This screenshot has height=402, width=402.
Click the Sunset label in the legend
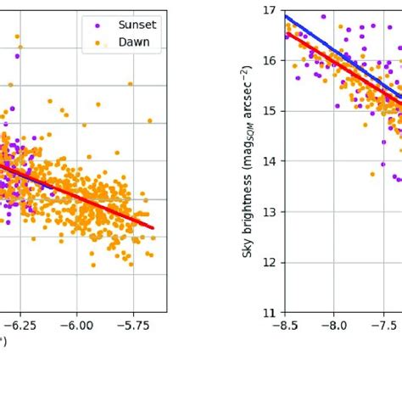click(x=137, y=25)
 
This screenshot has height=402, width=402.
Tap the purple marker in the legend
click(x=98, y=25)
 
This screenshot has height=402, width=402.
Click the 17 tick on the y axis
click(x=271, y=10)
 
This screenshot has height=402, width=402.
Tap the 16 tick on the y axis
click(x=271, y=60)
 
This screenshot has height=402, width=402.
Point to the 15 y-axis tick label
click(x=271, y=111)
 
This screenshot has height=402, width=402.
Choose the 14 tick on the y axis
click(x=271, y=161)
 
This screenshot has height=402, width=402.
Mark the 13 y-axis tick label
click(x=271, y=211)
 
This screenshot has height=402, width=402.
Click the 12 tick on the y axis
click(x=271, y=262)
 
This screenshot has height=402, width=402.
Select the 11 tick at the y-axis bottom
click(x=271, y=312)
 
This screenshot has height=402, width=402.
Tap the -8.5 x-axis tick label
click(x=285, y=324)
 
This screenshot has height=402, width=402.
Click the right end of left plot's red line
click(x=153, y=227)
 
